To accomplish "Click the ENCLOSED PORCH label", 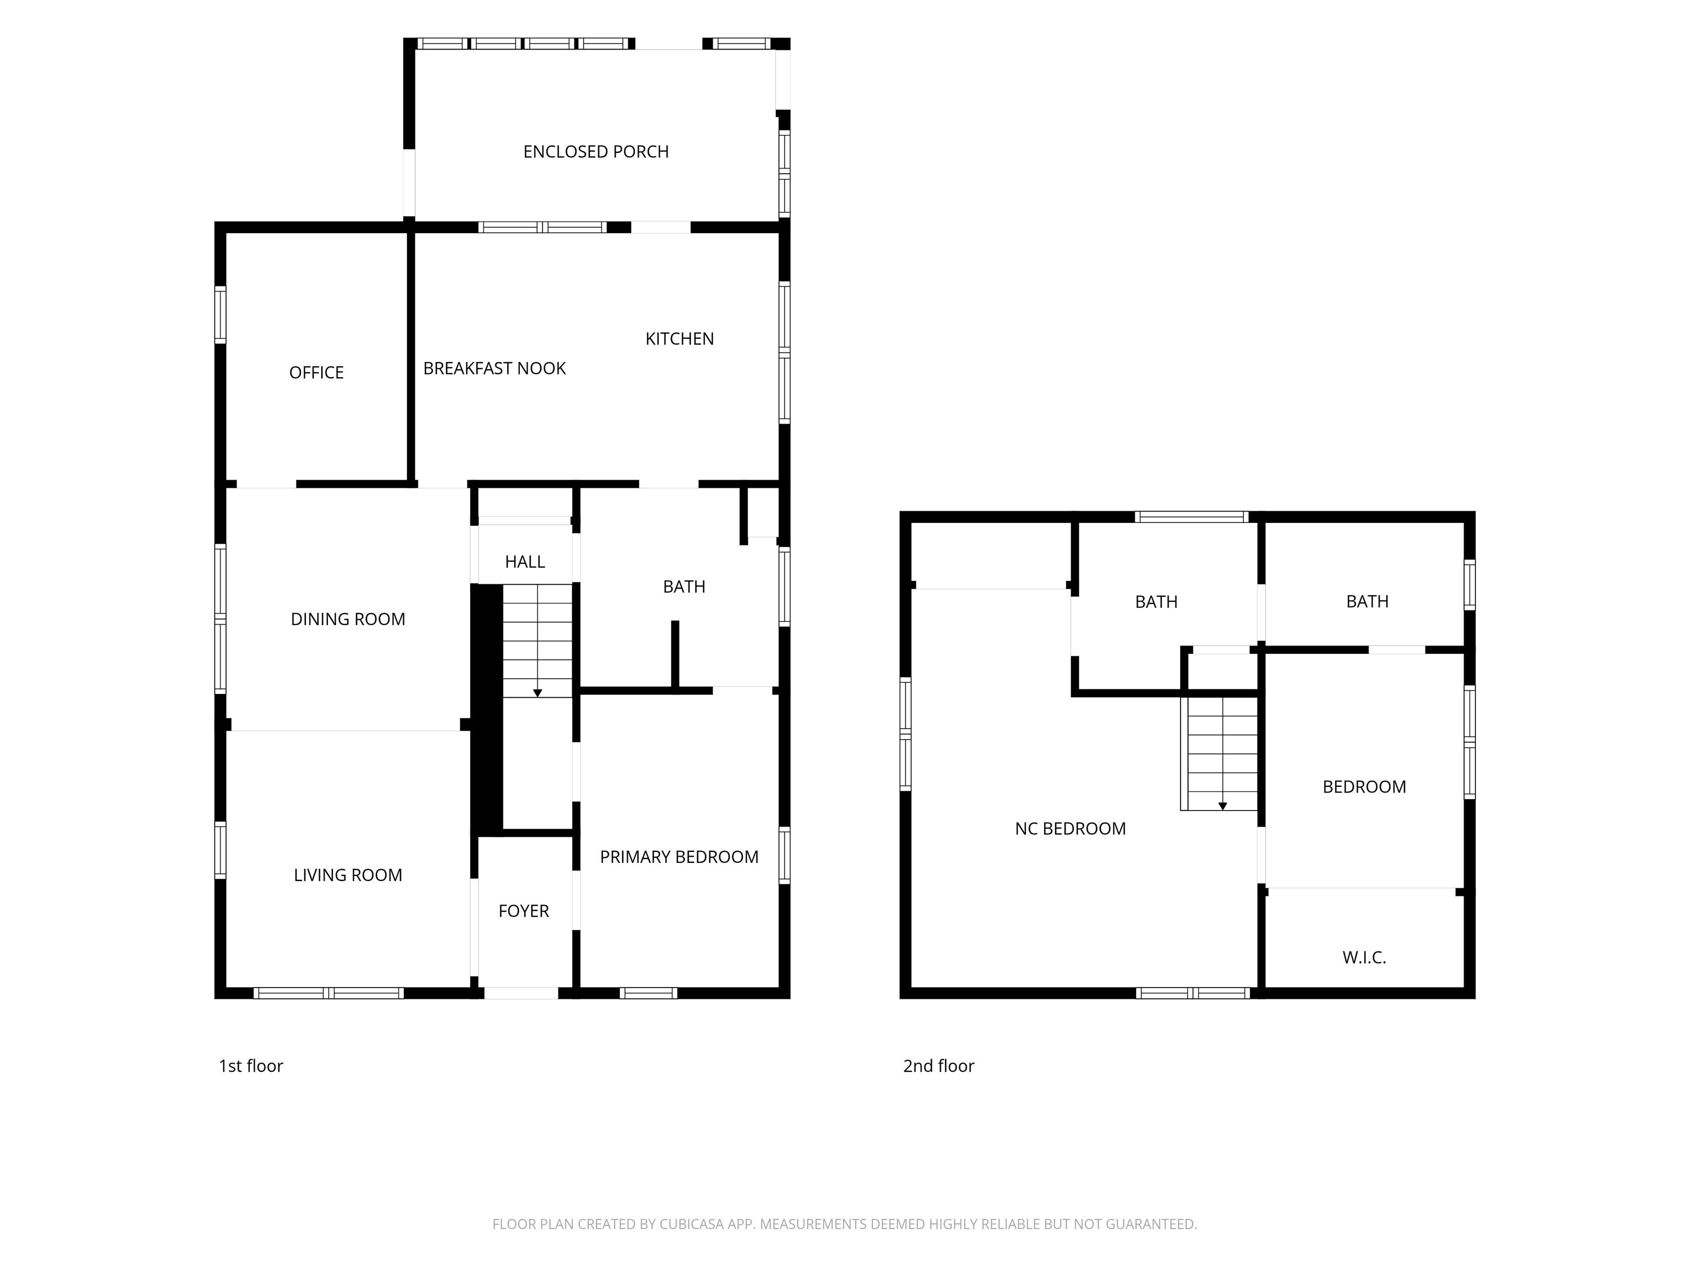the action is [596, 152].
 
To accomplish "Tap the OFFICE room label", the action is [316, 373].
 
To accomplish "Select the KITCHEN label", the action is [679, 339].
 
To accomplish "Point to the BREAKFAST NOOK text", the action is [495, 369].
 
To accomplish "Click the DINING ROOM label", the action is [348, 619].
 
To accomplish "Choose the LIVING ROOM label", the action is [348, 875].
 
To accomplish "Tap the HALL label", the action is [525, 562].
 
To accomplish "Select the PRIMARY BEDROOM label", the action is [679, 857].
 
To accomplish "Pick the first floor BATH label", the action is [684, 587].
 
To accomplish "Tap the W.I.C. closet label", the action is [1364, 958].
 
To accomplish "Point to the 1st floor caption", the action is [251, 1066].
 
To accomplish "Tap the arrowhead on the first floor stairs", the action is [537, 693].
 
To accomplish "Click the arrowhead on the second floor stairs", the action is [1222, 806].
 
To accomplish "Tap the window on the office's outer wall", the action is [220, 315].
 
